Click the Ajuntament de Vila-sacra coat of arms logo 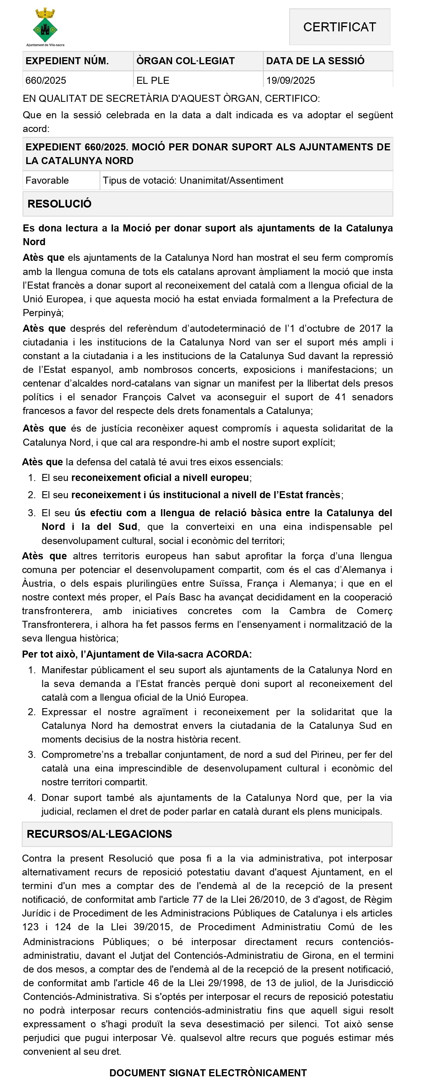pos(45,26)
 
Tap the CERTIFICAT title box pos(339,27)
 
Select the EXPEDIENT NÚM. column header pos(67,61)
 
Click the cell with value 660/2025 pos(46,80)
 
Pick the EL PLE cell pos(152,80)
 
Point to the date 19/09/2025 pos(290,80)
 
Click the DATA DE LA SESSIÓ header pos(315,61)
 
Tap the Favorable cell pos(47,181)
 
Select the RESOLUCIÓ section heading pos(59,204)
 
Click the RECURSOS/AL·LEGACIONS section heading pos(99,834)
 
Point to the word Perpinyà pos(43,313)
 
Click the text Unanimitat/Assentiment pos(231,181)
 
